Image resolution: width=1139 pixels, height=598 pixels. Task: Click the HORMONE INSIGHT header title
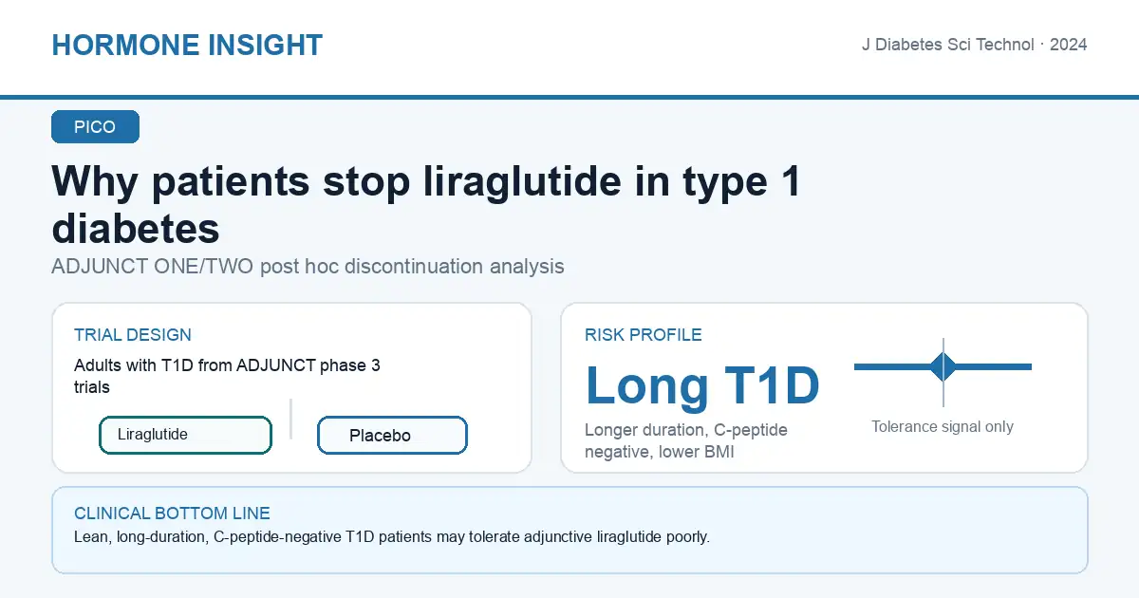(x=187, y=45)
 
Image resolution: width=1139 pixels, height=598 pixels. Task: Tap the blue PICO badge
(x=95, y=126)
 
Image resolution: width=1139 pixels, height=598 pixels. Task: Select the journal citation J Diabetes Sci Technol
(x=948, y=45)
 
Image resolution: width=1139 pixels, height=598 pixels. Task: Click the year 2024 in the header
(x=1069, y=45)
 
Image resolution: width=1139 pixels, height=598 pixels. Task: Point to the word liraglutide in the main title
(x=522, y=181)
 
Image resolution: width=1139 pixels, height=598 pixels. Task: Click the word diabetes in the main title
(x=136, y=229)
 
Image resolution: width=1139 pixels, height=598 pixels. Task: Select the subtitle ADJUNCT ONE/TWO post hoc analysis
(x=308, y=267)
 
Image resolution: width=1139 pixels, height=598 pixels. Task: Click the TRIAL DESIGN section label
(x=133, y=335)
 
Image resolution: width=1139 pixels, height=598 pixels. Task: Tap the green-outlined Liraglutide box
(x=186, y=435)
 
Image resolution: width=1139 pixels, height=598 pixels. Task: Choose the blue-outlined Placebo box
(x=392, y=436)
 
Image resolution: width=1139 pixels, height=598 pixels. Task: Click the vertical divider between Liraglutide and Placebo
(x=290, y=419)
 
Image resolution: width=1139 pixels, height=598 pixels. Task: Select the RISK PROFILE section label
(x=644, y=335)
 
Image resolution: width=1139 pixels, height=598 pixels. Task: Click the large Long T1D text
(x=702, y=385)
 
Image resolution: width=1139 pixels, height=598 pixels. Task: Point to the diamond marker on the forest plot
(x=943, y=366)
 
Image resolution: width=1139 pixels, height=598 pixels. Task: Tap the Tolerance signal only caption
(x=943, y=426)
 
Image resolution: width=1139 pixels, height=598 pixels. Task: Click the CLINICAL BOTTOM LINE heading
(x=172, y=514)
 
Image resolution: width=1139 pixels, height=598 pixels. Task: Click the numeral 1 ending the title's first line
(x=791, y=181)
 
